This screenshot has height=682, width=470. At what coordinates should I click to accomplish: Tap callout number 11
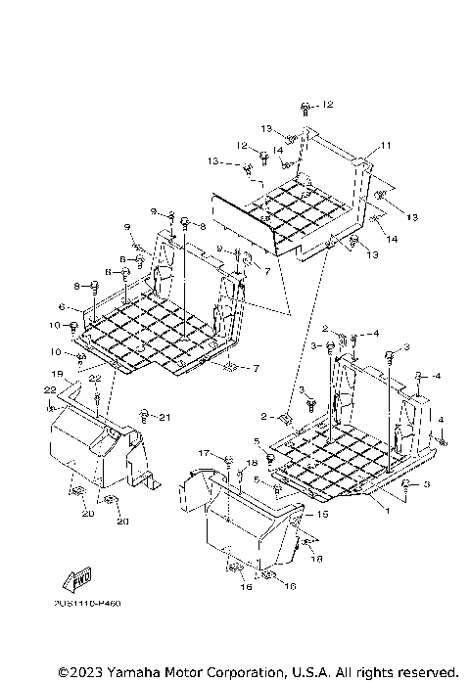click(x=386, y=146)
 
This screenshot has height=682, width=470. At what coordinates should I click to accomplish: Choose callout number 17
click(x=205, y=452)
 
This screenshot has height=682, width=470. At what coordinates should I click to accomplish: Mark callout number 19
click(x=58, y=374)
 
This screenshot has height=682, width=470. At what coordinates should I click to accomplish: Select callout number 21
click(x=165, y=418)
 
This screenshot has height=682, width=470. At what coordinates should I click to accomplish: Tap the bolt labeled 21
click(x=145, y=415)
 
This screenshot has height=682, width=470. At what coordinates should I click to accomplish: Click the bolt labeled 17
click(x=226, y=459)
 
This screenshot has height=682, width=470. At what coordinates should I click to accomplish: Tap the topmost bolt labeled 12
click(x=306, y=106)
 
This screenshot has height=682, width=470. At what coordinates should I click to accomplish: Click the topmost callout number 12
click(x=328, y=105)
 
